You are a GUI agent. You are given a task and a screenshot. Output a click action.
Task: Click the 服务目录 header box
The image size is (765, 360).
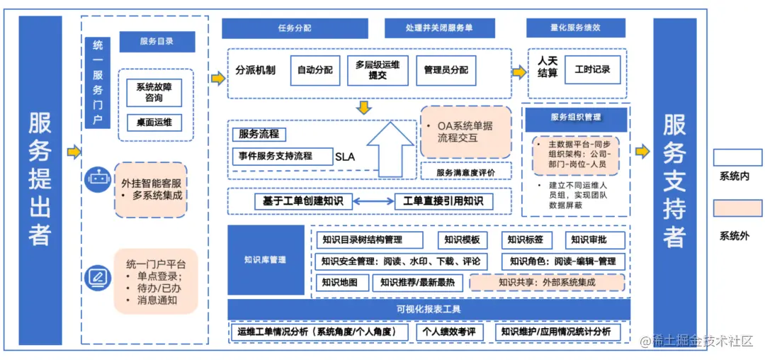pyautogui.click(x=157, y=42)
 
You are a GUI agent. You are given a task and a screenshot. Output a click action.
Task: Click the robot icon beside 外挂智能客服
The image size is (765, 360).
pyautogui.click(x=97, y=180)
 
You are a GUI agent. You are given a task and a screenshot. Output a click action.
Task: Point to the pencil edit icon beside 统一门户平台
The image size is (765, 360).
pyautogui.click(x=97, y=277)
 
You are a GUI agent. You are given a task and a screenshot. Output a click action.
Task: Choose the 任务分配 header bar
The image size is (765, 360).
pyautogui.click(x=295, y=28)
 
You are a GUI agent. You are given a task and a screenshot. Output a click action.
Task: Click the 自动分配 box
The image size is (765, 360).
pyautogui.click(x=314, y=71)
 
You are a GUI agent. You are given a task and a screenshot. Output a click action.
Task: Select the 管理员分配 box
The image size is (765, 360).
pyautogui.click(x=446, y=71)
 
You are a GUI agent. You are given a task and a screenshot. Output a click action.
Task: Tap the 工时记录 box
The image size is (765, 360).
pyautogui.click(x=592, y=71)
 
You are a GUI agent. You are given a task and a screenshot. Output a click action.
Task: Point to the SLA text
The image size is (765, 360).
pyautogui.click(x=345, y=157)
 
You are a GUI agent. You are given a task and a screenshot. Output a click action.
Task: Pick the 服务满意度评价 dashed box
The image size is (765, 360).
pyautogui.click(x=465, y=172)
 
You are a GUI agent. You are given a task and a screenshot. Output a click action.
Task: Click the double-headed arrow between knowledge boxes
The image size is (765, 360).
pyautogui.click(x=368, y=202)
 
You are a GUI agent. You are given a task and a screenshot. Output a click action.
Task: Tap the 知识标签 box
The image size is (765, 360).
pyautogui.click(x=526, y=240)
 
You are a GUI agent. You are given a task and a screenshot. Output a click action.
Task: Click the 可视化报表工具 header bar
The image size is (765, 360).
pyautogui.click(x=429, y=309)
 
